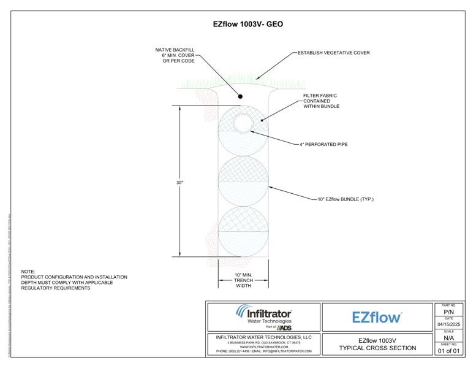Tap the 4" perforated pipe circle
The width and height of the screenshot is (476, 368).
click(x=244, y=123)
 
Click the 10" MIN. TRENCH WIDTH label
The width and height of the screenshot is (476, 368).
click(x=243, y=280)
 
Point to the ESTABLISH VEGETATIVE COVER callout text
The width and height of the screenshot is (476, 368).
click(x=333, y=53)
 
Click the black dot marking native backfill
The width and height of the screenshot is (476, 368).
click(x=241, y=96)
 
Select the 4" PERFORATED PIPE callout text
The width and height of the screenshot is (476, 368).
click(x=323, y=145)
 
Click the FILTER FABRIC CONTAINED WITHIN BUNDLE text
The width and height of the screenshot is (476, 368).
click(x=321, y=101)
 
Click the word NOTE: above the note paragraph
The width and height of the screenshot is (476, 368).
click(x=28, y=271)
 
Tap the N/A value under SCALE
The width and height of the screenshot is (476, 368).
click(x=448, y=338)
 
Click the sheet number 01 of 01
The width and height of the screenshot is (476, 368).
click(x=448, y=351)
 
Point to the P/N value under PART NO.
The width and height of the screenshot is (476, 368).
click(x=448, y=312)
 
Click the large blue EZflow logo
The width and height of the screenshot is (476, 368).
click(x=377, y=317)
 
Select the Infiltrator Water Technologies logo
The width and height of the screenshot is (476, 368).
click(x=263, y=316)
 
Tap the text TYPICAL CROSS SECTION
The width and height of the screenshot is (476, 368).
click(x=377, y=348)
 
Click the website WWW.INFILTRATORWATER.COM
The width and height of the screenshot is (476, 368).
click(x=264, y=347)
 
